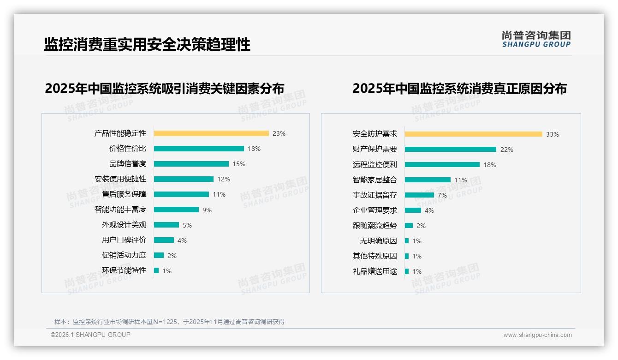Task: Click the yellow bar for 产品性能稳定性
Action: click(211, 133)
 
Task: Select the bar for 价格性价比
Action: click(199, 149)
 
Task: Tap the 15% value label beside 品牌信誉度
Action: click(239, 164)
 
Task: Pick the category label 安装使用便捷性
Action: click(120, 179)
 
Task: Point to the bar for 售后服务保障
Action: click(181, 194)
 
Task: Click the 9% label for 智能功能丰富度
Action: click(207, 210)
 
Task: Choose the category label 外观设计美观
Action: click(124, 225)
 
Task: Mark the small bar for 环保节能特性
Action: click(156, 270)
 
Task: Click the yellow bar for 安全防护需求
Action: click(474, 134)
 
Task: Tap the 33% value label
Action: click(553, 134)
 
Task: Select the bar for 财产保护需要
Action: click(451, 150)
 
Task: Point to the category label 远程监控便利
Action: click(374, 164)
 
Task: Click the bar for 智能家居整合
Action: click(428, 180)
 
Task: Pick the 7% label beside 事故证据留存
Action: click(442, 195)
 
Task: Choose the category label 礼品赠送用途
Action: click(374, 271)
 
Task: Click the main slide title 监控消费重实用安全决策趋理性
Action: click(147, 44)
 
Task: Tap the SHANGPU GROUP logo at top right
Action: click(536, 39)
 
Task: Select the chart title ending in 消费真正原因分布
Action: click(459, 88)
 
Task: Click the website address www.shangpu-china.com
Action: click(537, 335)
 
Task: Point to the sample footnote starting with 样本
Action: click(169, 322)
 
